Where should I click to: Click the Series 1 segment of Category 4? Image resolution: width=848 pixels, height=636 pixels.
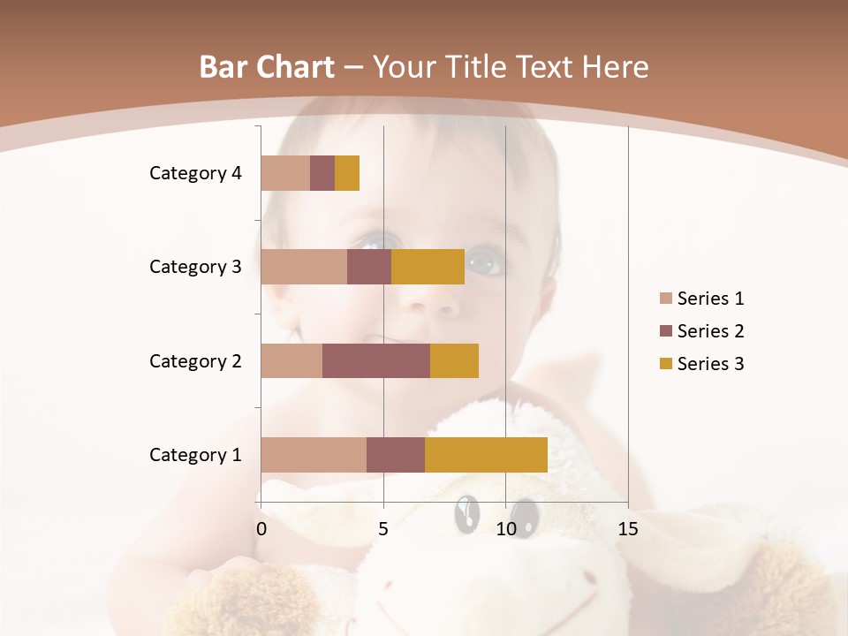point(285,173)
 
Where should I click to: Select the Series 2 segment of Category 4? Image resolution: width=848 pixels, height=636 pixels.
point(322,173)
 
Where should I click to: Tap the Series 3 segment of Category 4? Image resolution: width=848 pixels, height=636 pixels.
point(347,173)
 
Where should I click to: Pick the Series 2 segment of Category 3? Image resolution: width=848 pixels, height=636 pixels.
point(369,267)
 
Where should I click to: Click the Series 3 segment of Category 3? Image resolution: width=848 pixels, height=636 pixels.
point(428,267)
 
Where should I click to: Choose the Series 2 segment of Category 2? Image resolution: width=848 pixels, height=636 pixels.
point(376,360)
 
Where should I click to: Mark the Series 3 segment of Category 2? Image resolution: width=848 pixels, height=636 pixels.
point(454,360)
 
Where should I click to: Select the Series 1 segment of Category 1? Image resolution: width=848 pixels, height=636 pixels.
point(314,455)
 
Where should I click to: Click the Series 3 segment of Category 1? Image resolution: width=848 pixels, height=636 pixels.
point(486,455)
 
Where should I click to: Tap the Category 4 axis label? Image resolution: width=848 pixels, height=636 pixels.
point(195,173)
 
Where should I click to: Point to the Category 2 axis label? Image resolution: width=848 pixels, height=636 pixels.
point(195,360)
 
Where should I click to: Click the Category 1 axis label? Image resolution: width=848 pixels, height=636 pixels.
point(195,455)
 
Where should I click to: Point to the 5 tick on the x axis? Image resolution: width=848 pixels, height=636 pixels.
point(383,529)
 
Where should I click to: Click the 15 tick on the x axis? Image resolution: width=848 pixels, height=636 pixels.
point(628,529)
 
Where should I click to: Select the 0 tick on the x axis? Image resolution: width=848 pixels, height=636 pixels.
point(261,529)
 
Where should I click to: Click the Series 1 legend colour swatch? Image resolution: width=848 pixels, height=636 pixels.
point(666,299)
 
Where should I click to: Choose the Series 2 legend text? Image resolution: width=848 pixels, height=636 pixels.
point(710,331)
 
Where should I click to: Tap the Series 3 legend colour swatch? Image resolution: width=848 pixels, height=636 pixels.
point(666,364)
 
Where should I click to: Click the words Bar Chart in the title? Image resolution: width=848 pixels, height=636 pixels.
point(267,67)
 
